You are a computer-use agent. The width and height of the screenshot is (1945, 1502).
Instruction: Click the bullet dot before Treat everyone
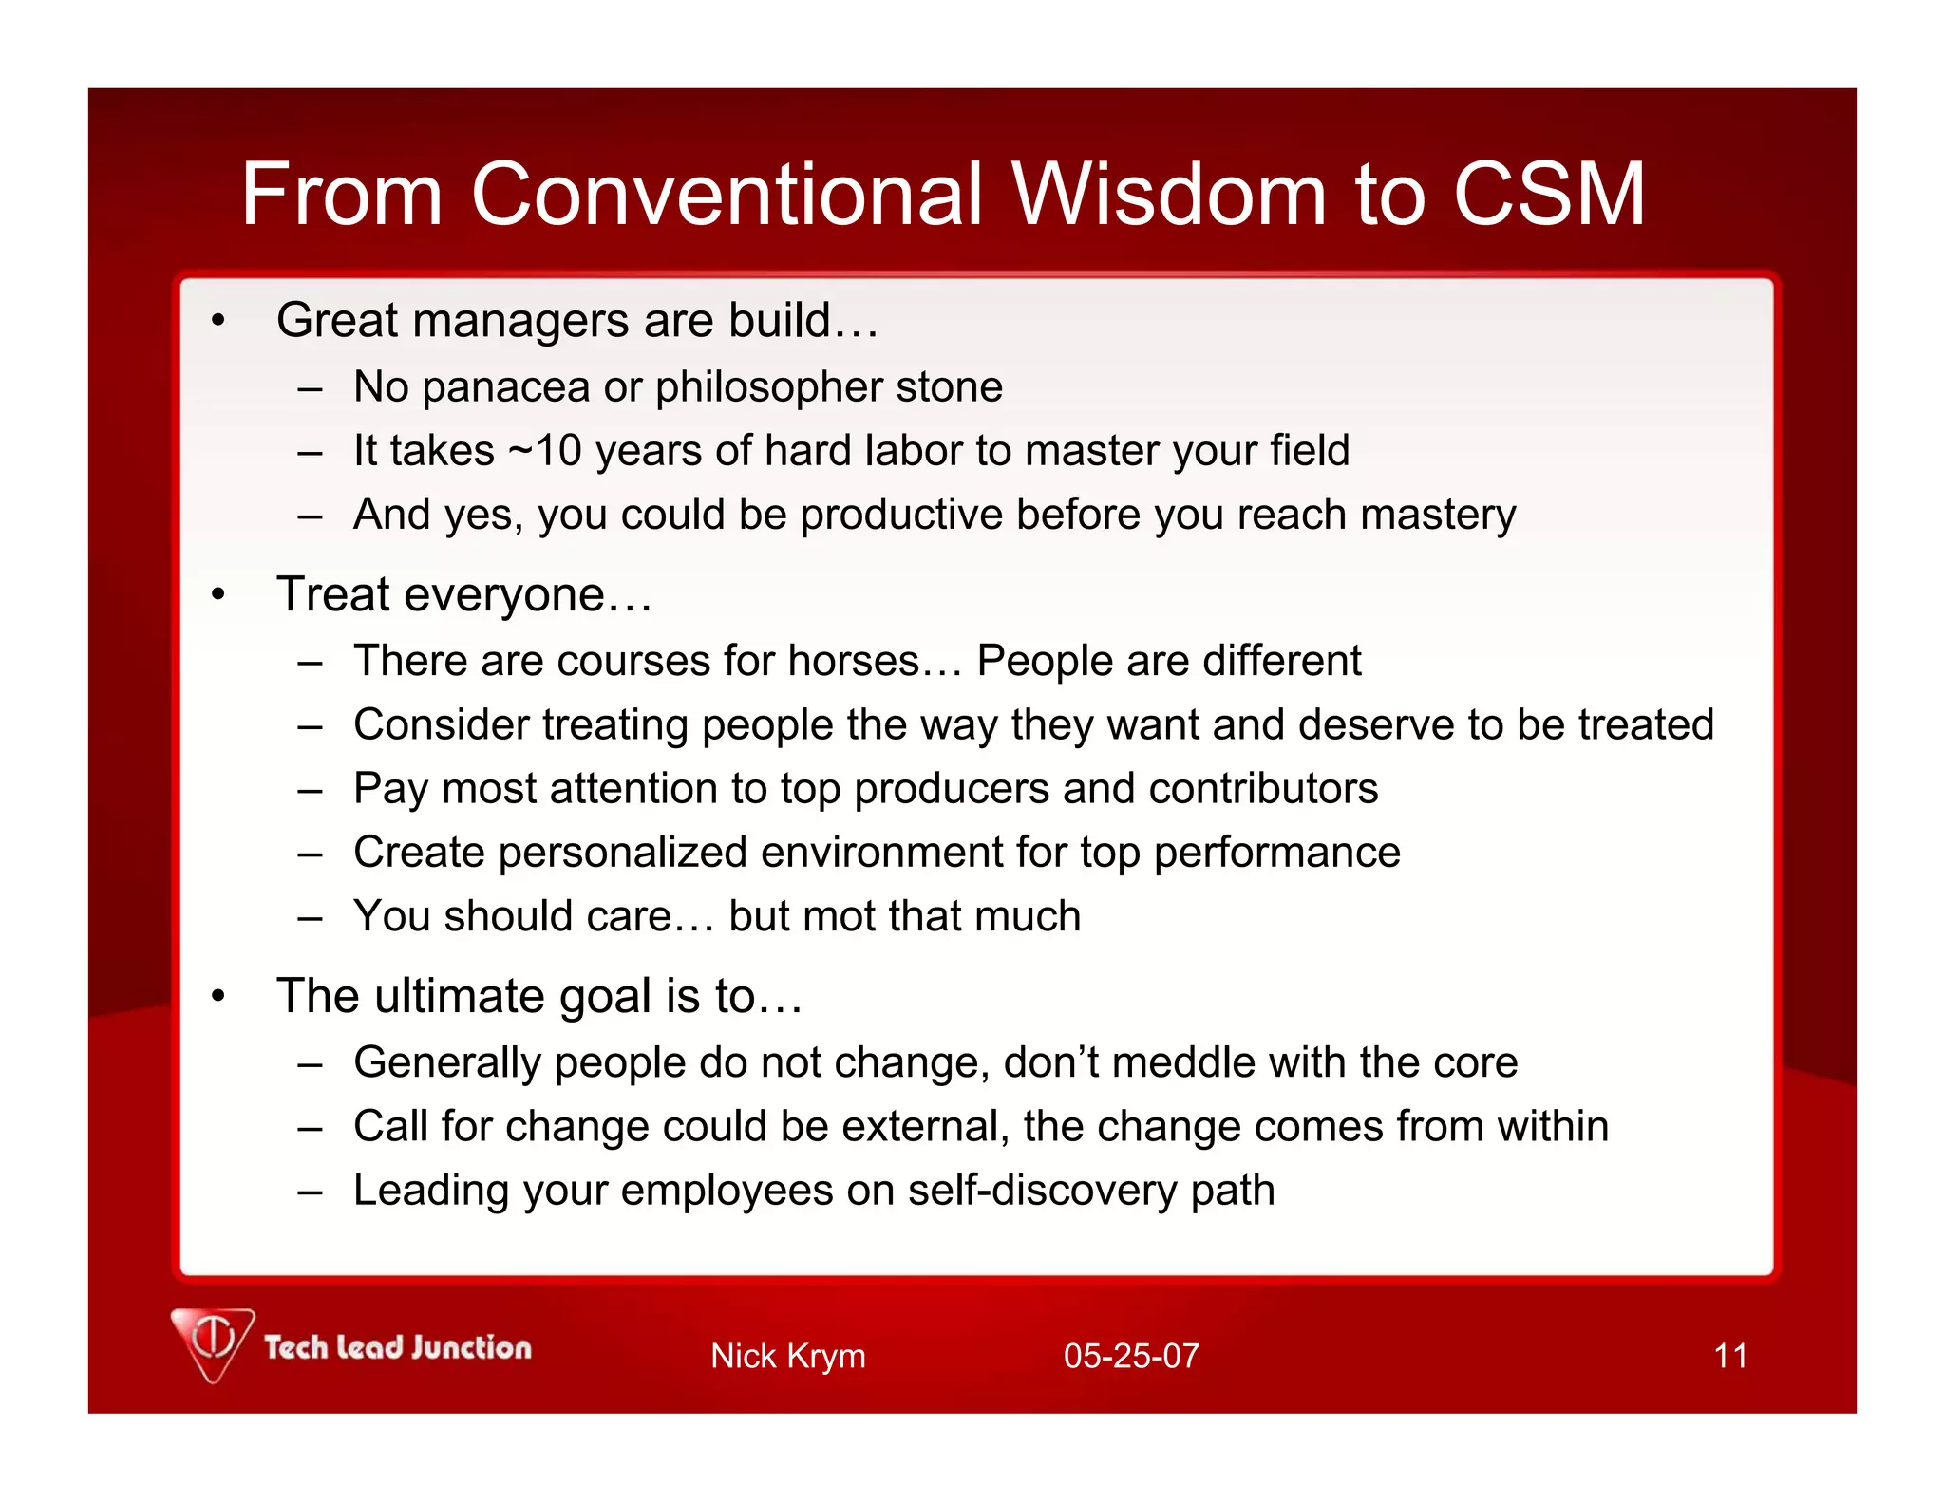pyautogui.click(x=218, y=595)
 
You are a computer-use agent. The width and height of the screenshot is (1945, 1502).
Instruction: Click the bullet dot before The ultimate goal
pyautogui.click(x=218, y=997)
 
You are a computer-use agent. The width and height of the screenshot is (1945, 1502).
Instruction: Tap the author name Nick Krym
pyautogui.click(x=787, y=1356)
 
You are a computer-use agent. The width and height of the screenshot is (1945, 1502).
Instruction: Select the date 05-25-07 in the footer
pyautogui.click(x=1131, y=1356)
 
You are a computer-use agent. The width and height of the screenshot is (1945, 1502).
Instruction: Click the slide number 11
pyautogui.click(x=1730, y=1356)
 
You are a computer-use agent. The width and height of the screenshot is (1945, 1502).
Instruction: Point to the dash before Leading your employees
pyautogui.click(x=310, y=1192)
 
